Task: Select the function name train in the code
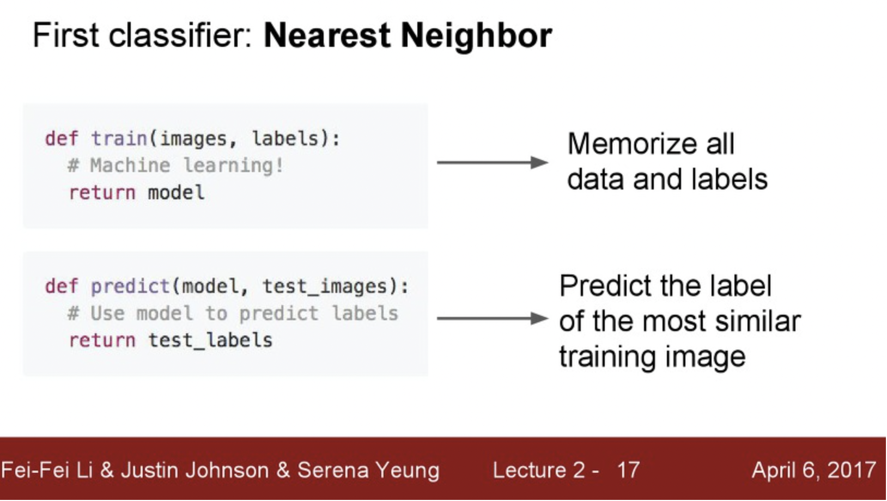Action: (119, 139)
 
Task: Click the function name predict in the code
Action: (130, 286)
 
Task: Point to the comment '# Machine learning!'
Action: (175, 166)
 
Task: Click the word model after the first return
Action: (176, 193)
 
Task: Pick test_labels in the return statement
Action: (210, 340)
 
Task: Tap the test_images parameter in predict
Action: (324, 286)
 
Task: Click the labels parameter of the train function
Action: (285, 139)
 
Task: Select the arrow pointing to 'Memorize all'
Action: (492, 162)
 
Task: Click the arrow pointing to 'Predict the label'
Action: (492, 318)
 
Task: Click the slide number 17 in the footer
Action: (628, 470)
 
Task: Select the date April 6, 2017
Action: (813, 470)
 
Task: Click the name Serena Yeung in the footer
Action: (368, 470)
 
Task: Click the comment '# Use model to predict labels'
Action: (233, 314)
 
